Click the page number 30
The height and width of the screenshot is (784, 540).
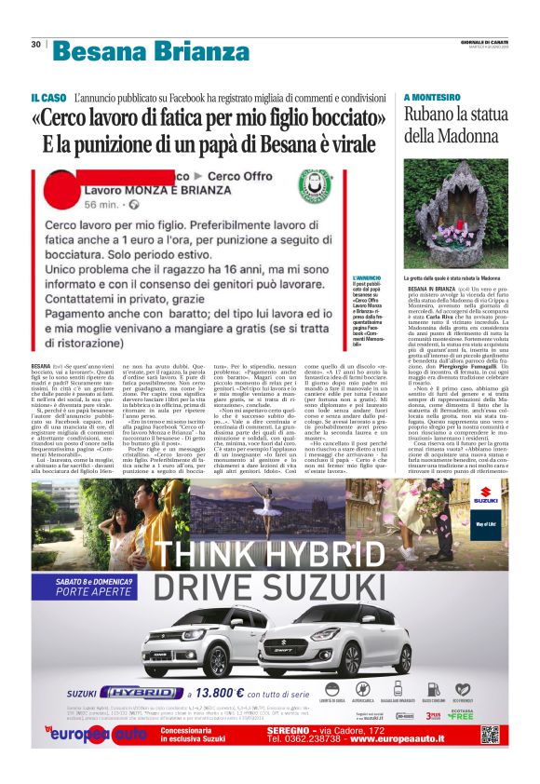point(35,44)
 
